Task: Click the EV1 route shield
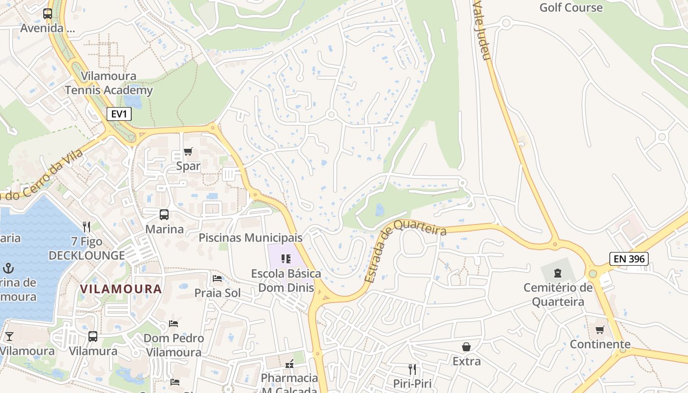click(119, 114)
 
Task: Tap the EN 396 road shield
click(629, 259)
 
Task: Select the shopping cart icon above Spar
click(188, 152)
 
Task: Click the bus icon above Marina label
click(164, 215)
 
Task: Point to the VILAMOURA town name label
click(121, 289)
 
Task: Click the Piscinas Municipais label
click(251, 238)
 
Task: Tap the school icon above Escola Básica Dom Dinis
click(286, 259)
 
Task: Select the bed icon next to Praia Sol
click(217, 279)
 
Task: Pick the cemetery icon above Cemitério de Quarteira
click(558, 273)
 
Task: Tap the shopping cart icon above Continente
click(600, 330)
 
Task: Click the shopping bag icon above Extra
click(466, 347)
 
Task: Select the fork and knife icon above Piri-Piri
click(412, 369)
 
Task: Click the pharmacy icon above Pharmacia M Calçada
click(289, 364)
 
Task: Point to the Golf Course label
click(571, 7)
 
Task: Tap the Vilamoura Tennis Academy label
click(109, 83)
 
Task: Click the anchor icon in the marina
click(8, 268)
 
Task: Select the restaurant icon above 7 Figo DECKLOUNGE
click(86, 226)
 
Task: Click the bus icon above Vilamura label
click(93, 337)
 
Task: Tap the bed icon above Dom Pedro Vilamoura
click(173, 324)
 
